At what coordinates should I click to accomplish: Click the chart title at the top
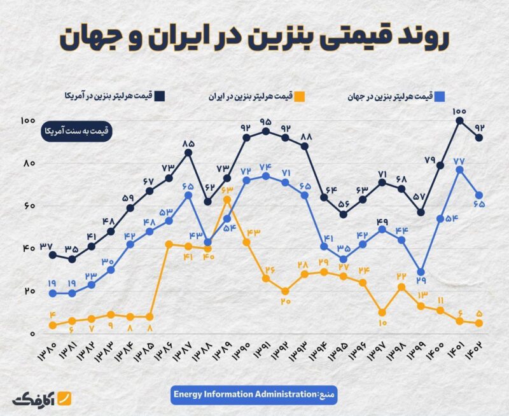254,38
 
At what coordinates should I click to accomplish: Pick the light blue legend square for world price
439,96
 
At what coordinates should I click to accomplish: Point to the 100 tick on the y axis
27,121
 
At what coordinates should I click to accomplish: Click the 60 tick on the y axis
27,206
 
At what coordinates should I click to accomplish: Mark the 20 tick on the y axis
27,291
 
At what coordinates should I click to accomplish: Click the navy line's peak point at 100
459,120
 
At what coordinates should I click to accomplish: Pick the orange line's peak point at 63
227,199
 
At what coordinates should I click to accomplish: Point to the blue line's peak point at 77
459,169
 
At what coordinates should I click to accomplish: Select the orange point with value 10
381,312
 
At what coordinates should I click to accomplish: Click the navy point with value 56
343,214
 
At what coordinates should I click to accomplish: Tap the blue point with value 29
420,272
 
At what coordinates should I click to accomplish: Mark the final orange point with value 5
478,323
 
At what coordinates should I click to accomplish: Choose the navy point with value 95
265,131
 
